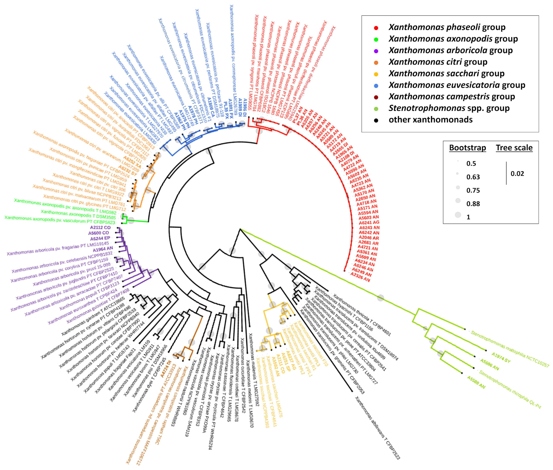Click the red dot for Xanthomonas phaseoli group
click(376, 28)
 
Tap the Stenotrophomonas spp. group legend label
click(449, 108)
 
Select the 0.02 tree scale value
click(517, 174)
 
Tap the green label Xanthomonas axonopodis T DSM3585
click(78, 215)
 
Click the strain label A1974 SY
click(501, 358)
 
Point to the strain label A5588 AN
click(476, 382)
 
